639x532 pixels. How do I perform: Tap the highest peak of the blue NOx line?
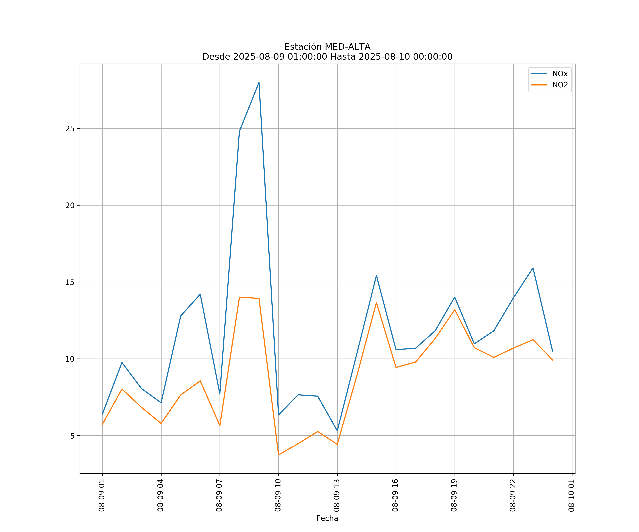[x=259, y=82]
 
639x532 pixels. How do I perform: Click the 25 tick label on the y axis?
[x=70, y=129]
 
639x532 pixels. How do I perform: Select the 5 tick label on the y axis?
[x=72, y=436]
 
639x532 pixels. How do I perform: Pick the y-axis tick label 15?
[x=70, y=282]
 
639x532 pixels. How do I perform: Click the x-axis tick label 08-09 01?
[x=102, y=495]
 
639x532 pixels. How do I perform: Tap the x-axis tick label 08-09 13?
[x=337, y=495]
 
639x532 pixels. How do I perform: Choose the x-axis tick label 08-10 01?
[x=571, y=495]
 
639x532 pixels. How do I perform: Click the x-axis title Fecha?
[x=327, y=518]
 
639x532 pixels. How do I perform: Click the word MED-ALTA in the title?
[x=348, y=47]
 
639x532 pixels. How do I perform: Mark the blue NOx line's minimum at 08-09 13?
[x=337, y=431]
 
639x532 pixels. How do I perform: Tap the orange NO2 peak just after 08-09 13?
[x=376, y=303]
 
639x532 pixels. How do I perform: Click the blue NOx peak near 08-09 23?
[x=533, y=268]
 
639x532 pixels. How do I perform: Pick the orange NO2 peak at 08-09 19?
[x=455, y=310]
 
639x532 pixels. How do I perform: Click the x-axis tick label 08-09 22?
[x=513, y=495]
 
